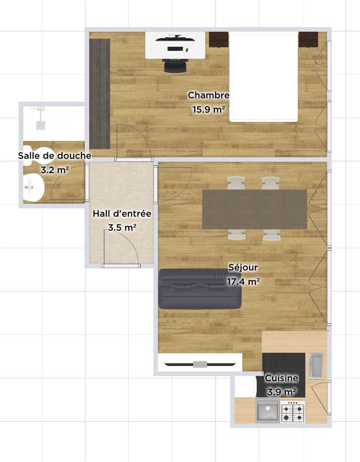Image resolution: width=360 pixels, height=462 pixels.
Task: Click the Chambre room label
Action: [209, 95]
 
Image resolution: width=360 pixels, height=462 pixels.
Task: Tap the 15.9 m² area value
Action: [209, 109]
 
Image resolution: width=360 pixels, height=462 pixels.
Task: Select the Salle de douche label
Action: [54, 155]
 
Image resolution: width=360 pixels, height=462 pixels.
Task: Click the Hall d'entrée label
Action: [122, 214]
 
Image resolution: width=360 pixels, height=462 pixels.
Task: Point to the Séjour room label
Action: [243, 267]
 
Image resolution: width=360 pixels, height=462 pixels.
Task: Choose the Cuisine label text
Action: [281, 378]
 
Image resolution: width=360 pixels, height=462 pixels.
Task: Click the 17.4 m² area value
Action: [243, 282]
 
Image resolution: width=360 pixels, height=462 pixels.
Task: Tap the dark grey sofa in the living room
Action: [200, 289]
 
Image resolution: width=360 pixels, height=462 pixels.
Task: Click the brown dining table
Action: [255, 210]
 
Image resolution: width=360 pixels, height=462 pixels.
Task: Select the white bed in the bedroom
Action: [263, 77]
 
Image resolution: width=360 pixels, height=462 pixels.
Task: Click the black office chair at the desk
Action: [176, 65]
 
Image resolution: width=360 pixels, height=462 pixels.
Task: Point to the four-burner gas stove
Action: [293, 411]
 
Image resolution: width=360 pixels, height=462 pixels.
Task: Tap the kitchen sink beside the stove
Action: [268, 411]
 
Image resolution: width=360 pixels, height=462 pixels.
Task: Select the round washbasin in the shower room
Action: [34, 188]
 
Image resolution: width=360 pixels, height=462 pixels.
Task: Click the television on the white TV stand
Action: [200, 364]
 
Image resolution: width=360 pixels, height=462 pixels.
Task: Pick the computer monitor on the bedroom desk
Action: [176, 38]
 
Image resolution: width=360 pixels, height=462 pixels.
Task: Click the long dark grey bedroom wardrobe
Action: [99, 94]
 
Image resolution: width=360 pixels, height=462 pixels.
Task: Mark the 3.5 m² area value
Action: [122, 228]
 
